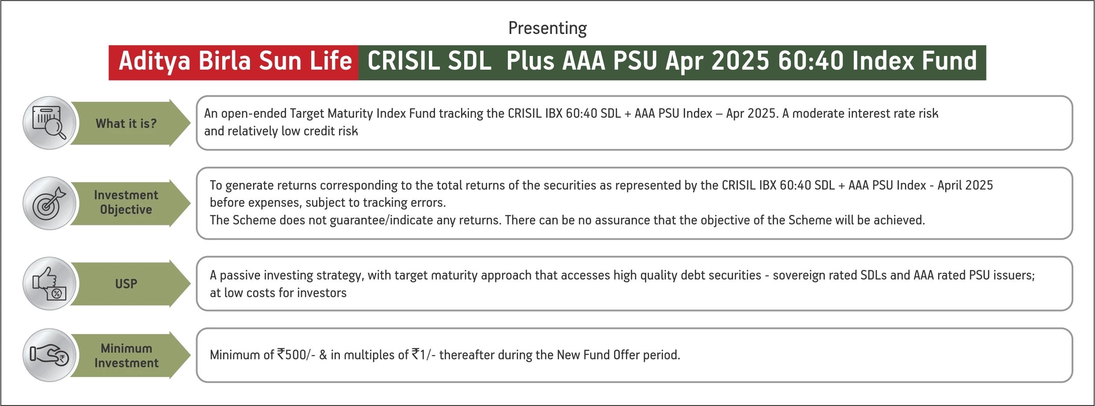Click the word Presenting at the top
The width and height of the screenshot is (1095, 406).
(x=547, y=28)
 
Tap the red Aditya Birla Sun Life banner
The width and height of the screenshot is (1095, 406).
(x=234, y=63)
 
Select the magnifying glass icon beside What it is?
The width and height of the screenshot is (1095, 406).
(x=49, y=123)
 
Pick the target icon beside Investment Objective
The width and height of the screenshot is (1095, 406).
(x=49, y=203)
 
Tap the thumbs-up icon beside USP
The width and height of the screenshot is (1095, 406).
(x=49, y=283)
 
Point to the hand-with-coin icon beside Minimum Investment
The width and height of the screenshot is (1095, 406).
(x=49, y=355)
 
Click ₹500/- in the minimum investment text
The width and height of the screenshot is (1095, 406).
(x=296, y=354)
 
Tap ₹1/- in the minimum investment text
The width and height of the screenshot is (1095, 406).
(x=424, y=354)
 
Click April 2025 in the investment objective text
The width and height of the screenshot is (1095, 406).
(x=965, y=185)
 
